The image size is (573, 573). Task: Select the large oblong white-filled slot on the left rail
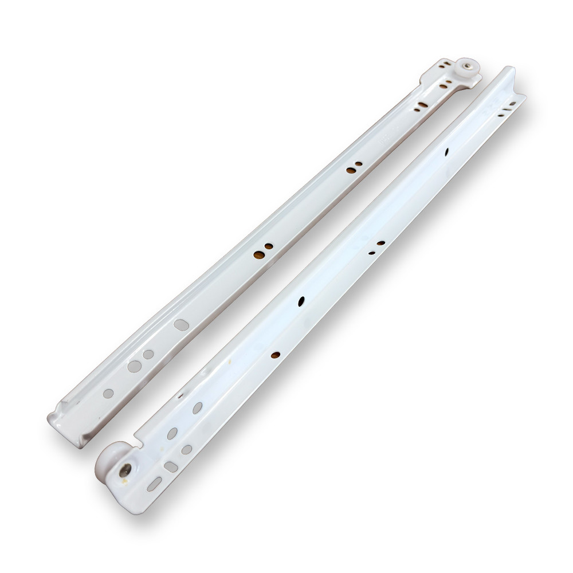[x=180, y=324]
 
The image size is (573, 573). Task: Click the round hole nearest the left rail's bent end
[x=108, y=393]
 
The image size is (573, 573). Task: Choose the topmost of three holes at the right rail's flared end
[x=513, y=104]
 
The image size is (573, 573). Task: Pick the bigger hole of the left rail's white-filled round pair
[x=135, y=365]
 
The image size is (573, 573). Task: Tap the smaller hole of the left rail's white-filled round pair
[x=148, y=354]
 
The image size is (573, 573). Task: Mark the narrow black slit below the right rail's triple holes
[x=447, y=153]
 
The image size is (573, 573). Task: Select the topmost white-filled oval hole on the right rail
[x=198, y=407]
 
